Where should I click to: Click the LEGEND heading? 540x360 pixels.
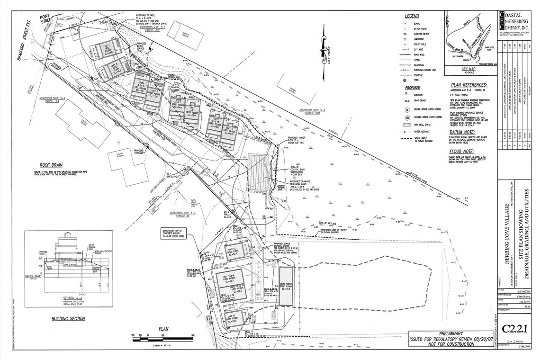[412, 16]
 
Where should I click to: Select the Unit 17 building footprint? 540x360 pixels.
[234, 316]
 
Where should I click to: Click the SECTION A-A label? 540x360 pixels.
[73, 298]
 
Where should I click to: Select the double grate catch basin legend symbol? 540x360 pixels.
[407, 115]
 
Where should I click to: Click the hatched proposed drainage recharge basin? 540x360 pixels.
[258, 175]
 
